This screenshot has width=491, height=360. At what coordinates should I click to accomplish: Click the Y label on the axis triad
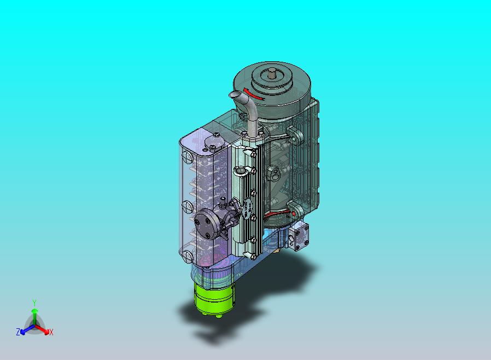(x=34, y=303)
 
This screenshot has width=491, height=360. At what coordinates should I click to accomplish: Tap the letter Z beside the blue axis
(x=18, y=332)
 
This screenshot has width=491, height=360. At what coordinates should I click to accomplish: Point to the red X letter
(x=51, y=333)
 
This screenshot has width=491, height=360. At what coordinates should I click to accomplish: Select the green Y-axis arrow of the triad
(x=34, y=316)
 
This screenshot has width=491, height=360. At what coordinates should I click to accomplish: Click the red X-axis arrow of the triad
(x=42, y=329)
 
